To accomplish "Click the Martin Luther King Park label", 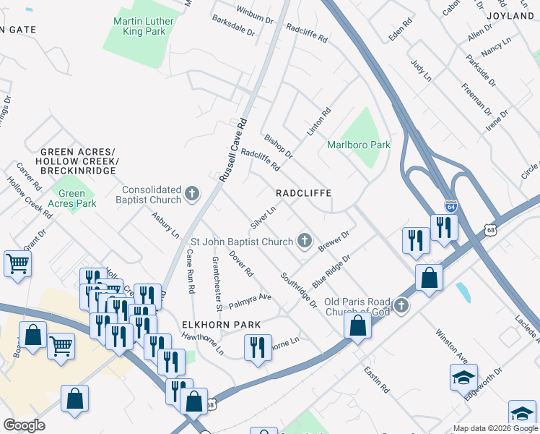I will point(144,26).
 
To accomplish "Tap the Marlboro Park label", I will point(359,145).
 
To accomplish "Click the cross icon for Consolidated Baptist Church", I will point(191,193).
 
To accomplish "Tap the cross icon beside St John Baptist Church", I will point(305,240).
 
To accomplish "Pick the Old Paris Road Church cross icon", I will point(401,305).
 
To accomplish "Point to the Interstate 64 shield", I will point(451,206).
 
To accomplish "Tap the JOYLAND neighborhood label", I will point(510,15).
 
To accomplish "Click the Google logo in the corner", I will point(23,425).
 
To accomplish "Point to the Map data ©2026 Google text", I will point(495,428).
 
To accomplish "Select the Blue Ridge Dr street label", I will point(331,270).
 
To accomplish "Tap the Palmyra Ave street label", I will point(250,299).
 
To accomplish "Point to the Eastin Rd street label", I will point(377,379).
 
